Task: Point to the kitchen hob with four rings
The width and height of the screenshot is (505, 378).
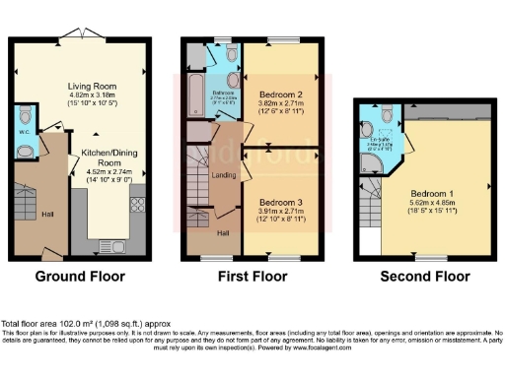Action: pyautogui.click(x=137, y=205)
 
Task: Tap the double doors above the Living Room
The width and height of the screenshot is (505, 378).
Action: pyautogui.click(x=75, y=35)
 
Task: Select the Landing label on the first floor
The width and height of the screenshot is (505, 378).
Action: pyautogui.click(x=224, y=175)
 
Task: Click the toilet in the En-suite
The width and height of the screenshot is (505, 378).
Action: pyautogui.click(x=366, y=130)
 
